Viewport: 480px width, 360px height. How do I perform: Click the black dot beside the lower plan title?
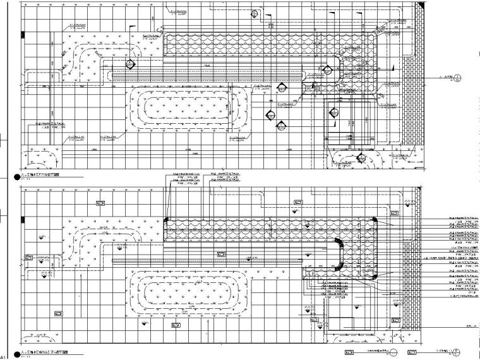[x=16, y=352]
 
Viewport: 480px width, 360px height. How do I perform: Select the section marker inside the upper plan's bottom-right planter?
[x=361, y=158]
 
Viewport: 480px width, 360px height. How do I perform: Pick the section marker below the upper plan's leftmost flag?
[x=131, y=64]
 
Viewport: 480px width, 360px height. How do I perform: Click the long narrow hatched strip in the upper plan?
[x=208, y=75]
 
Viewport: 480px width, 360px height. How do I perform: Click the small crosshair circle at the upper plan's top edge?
[x=254, y=13]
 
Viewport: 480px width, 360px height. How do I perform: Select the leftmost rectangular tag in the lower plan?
[x=28, y=258]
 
